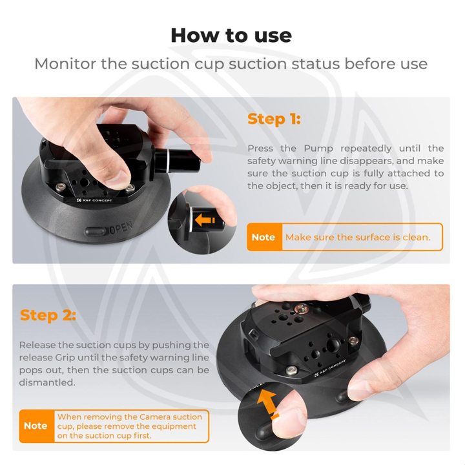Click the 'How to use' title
pyautogui.click(x=231, y=35)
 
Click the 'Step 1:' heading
pyautogui.click(x=274, y=119)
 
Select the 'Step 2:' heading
pyautogui.click(x=48, y=315)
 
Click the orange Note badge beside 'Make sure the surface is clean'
pyautogui.click(x=263, y=237)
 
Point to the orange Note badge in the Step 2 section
pyautogui.click(x=36, y=426)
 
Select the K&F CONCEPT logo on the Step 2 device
pyautogui.click(x=329, y=367)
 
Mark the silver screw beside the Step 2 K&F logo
pyautogui.click(x=291, y=370)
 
